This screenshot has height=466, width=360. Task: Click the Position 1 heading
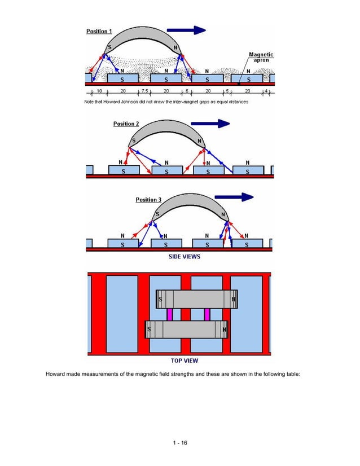pyautogui.click(x=99, y=30)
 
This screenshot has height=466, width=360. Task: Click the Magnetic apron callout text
pyautogui.click(x=261, y=58)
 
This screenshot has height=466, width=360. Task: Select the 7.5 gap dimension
pyautogui.click(x=145, y=91)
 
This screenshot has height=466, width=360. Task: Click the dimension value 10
pyautogui.click(x=98, y=91)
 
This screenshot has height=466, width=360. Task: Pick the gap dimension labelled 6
pyautogui.click(x=187, y=91)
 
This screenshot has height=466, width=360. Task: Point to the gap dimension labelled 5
pyautogui.click(x=226, y=91)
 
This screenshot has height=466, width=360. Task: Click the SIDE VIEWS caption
pyautogui.click(x=185, y=256)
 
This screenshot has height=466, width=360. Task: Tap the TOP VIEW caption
pyautogui.click(x=184, y=361)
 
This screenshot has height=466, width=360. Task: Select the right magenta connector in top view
pyautogui.click(x=207, y=314)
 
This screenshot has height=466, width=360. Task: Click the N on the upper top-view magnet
pyautogui.click(x=234, y=298)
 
